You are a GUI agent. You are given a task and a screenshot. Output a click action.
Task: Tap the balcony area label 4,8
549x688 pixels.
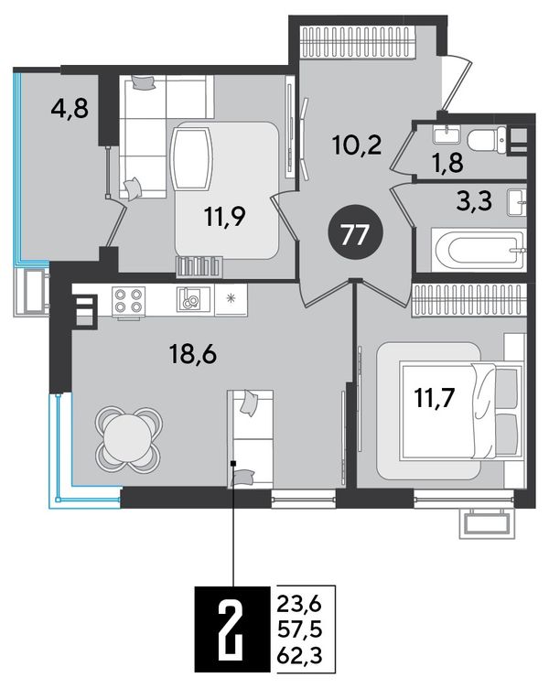(x=70, y=108)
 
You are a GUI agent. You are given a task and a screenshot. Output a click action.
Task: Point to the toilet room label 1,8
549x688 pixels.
(x=448, y=163)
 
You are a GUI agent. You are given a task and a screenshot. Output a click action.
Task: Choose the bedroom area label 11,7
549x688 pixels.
(x=435, y=398)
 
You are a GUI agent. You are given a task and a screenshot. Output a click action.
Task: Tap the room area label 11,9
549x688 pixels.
(x=225, y=216)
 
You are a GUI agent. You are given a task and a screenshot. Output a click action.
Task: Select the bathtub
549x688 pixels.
(x=479, y=250)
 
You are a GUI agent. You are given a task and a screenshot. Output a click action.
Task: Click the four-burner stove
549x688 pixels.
(x=129, y=301)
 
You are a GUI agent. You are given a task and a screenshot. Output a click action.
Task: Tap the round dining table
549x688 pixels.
(x=129, y=440)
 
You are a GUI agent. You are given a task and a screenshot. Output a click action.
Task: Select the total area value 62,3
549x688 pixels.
(x=299, y=656)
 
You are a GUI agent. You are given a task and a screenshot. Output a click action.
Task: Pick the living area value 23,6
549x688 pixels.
(x=299, y=606)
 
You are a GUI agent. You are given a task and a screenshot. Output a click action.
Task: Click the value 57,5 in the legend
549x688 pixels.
(x=299, y=630)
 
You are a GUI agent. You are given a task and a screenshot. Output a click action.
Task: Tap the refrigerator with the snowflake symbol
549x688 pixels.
(x=231, y=300)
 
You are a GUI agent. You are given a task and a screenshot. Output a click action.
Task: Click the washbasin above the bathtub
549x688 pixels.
(x=517, y=202)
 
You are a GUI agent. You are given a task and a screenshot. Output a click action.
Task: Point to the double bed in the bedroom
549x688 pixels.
(x=462, y=410)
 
